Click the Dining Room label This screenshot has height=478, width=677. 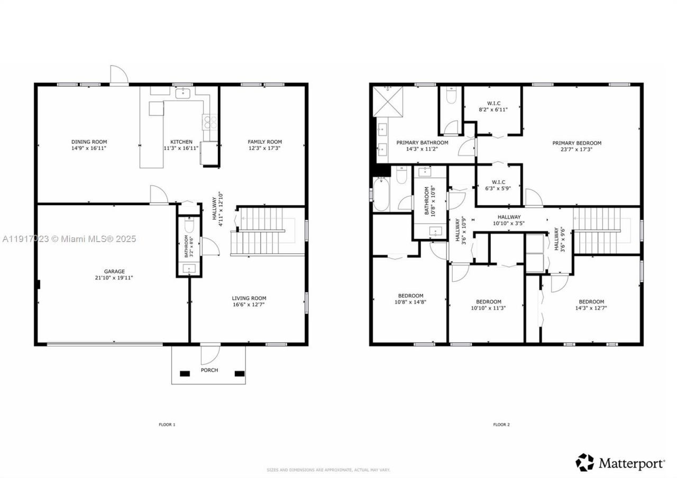(x=89, y=142)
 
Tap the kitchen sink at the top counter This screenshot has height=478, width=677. (x=183, y=94)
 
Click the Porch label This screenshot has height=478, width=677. (x=209, y=370)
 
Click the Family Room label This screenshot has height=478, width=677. (x=265, y=142)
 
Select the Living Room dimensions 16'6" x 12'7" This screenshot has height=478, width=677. (x=249, y=305)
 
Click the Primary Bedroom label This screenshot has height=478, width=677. (x=577, y=143)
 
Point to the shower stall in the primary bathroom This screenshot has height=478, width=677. (x=388, y=101)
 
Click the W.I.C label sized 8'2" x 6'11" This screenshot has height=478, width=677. (x=493, y=103)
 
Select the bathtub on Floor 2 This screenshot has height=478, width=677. (x=381, y=194)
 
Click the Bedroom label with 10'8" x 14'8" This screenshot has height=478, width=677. (x=410, y=296)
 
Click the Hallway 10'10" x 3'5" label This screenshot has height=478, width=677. (x=509, y=217)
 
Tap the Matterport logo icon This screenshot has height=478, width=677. (x=585, y=462)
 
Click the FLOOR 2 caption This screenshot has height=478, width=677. (x=501, y=425)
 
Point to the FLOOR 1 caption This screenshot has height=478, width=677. (x=167, y=425)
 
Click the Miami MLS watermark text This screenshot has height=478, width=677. (x=69, y=239)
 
